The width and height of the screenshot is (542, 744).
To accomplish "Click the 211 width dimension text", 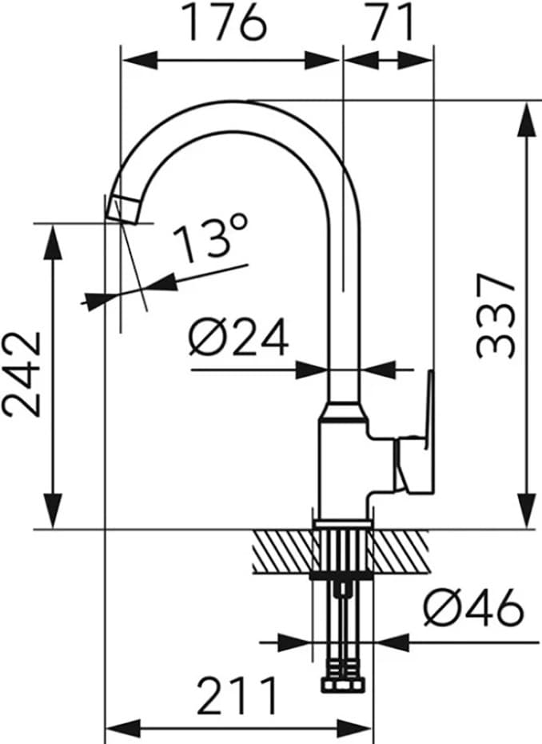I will (x=237, y=697).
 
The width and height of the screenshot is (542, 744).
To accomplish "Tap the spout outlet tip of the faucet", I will (x=124, y=209).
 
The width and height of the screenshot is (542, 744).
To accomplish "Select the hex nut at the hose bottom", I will (x=344, y=686).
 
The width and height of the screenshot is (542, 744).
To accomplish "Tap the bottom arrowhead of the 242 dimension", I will (x=53, y=512).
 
